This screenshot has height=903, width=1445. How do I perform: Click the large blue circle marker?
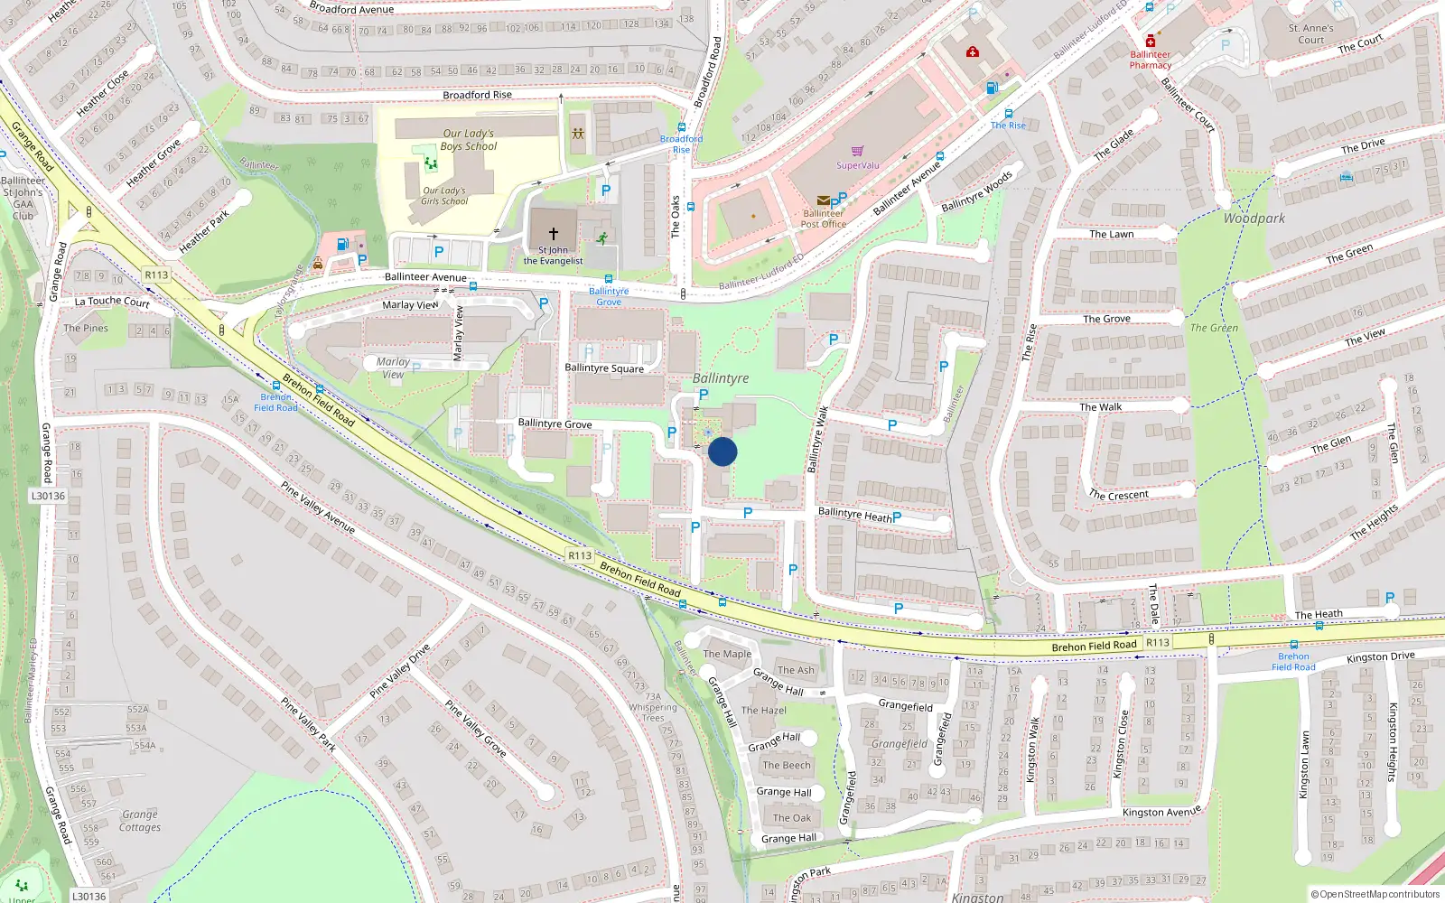tap(722, 451)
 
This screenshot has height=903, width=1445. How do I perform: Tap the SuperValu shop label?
tap(857, 165)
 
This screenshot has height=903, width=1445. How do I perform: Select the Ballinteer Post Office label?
tap(823, 219)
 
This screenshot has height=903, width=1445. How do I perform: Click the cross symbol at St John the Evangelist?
tap(554, 233)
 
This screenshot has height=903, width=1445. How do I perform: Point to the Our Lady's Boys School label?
tap(469, 140)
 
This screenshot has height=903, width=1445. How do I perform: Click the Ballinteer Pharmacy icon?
tap(1151, 42)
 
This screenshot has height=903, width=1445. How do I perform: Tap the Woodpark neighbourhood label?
tap(1254, 219)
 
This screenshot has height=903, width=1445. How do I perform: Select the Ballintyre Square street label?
tap(604, 368)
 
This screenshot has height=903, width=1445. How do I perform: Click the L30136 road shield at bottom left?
tap(89, 896)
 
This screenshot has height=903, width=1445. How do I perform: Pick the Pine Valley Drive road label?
tap(399, 672)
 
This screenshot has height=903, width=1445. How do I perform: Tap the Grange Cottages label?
tap(140, 821)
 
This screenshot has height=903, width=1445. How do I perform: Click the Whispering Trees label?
tap(653, 712)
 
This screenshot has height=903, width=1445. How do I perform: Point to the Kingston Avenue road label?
tap(1161, 812)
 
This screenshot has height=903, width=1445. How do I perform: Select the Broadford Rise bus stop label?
tap(681, 144)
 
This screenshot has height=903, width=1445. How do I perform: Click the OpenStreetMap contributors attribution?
tap(1375, 894)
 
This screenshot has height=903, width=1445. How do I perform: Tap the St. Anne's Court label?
tap(1311, 34)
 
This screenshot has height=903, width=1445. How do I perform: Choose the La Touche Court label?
tap(112, 302)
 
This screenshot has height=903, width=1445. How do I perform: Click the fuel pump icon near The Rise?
tap(992, 88)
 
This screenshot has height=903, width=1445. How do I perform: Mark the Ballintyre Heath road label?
tap(854, 515)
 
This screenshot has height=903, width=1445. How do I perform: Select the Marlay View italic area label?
tap(393, 368)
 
